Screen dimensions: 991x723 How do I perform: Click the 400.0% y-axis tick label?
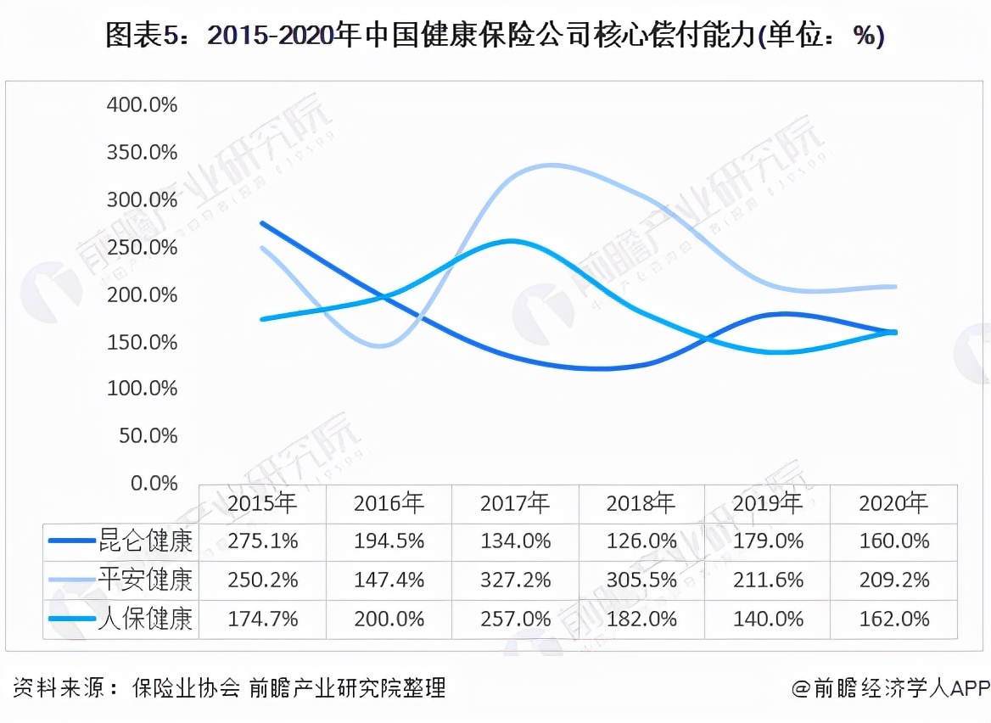(x=142, y=105)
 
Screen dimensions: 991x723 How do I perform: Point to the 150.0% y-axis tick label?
(x=142, y=342)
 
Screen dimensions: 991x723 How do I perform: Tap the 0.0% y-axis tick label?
(x=152, y=484)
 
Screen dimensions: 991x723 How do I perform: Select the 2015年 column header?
(x=262, y=503)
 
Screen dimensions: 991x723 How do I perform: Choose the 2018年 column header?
(x=641, y=503)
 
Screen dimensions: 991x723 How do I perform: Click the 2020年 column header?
(x=893, y=503)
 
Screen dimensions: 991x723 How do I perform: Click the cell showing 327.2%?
(x=515, y=580)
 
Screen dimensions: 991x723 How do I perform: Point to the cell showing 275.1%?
(x=262, y=541)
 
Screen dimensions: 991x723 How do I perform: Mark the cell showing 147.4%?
(x=389, y=580)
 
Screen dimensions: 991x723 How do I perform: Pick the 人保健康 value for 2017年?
(x=515, y=619)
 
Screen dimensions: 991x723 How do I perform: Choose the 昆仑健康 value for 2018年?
(x=641, y=541)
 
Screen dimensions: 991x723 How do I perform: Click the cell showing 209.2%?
(x=893, y=580)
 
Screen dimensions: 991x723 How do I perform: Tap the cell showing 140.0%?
(x=767, y=619)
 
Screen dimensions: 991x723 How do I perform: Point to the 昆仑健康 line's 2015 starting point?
(x=262, y=223)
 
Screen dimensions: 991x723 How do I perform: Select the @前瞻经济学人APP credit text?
(x=891, y=687)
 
